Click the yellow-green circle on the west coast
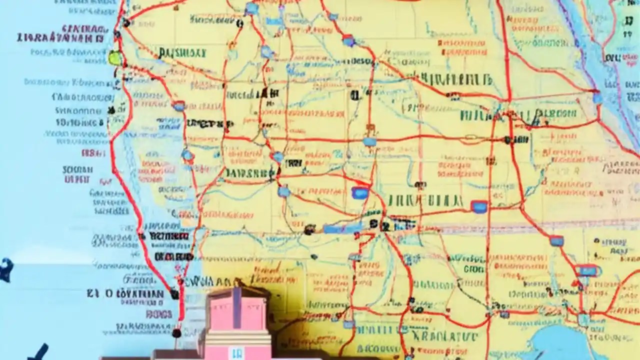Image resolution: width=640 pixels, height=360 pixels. coord(115,58)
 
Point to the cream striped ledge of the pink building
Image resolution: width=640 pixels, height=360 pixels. coord(235,335)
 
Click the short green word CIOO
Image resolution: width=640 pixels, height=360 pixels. coord(472,269)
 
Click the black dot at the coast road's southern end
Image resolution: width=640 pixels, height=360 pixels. coord(176,332)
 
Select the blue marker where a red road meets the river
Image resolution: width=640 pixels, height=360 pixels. coord(597,98)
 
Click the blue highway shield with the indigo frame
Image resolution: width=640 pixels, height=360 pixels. coord(479,206)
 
